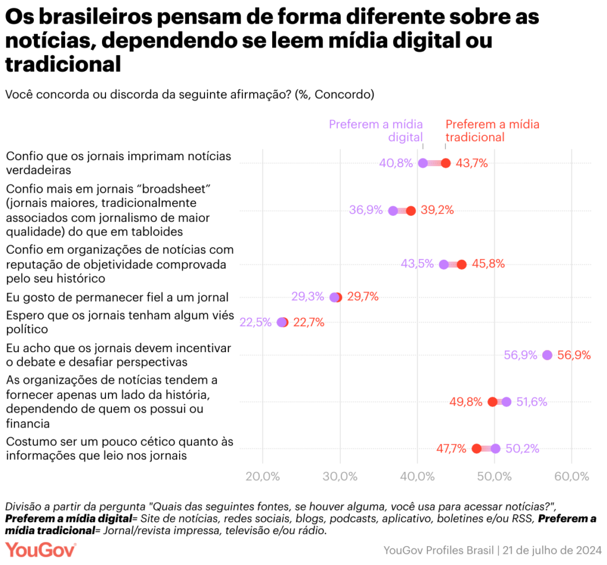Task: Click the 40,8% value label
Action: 396,163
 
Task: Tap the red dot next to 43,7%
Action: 446,163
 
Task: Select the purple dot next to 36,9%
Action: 393,210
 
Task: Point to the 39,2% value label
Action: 437,210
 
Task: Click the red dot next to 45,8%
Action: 462,264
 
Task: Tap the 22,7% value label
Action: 308,323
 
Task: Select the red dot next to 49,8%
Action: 492,402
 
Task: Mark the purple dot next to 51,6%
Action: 506,402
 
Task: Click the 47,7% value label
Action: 451,449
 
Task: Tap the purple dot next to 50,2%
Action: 496,449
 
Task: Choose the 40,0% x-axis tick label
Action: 417,477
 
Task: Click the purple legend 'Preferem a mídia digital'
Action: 376,130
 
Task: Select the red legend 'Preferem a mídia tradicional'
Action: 492,130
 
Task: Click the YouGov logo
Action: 41,550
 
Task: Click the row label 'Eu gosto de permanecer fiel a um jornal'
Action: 117,297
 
